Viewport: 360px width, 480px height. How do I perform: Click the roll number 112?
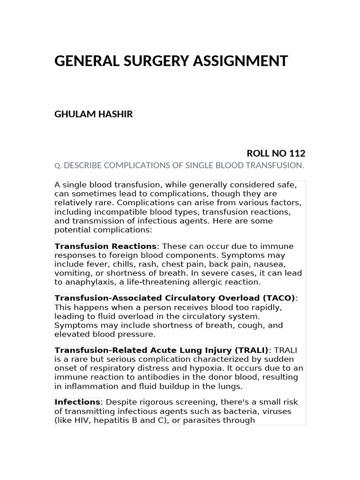coord(297,153)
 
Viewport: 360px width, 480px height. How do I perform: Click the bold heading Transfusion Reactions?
coord(105,246)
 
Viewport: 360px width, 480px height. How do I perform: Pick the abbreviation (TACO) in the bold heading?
coord(279,298)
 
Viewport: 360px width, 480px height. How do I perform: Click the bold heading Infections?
coord(77,402)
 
